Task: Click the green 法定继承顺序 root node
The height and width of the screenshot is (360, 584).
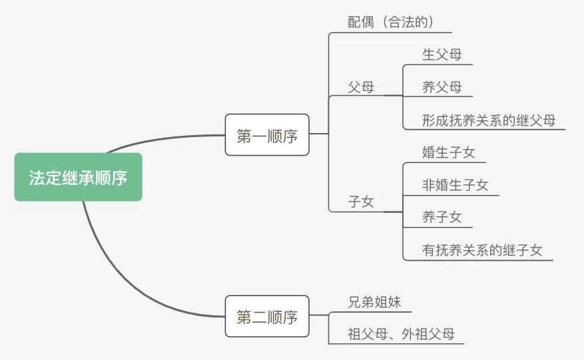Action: (x=78, y=177)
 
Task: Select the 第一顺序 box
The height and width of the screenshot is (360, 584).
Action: (x=267, y=135)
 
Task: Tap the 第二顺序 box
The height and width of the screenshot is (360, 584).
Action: (x=267, y=316)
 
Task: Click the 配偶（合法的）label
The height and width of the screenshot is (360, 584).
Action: (x=391, y=22)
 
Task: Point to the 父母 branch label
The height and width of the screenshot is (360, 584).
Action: (x=361, y=87)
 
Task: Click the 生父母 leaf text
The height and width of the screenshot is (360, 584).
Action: (x=442, y=54)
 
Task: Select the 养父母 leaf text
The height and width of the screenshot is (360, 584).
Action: (x=442, y=87)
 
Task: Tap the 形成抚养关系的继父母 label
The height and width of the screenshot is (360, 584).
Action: (x=489, y=120)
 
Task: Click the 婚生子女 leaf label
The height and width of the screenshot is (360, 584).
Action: (x=449, y=152)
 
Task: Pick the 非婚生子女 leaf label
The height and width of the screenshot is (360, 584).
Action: (x=455, y=185)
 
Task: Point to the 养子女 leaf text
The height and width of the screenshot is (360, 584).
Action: (x=442, y=217)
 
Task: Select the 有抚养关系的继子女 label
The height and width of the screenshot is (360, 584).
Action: (x=482, y=250)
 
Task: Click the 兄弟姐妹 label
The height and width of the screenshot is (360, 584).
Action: (x=374, y=301)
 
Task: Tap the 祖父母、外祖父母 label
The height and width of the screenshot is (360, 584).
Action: (x=401, y=334)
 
